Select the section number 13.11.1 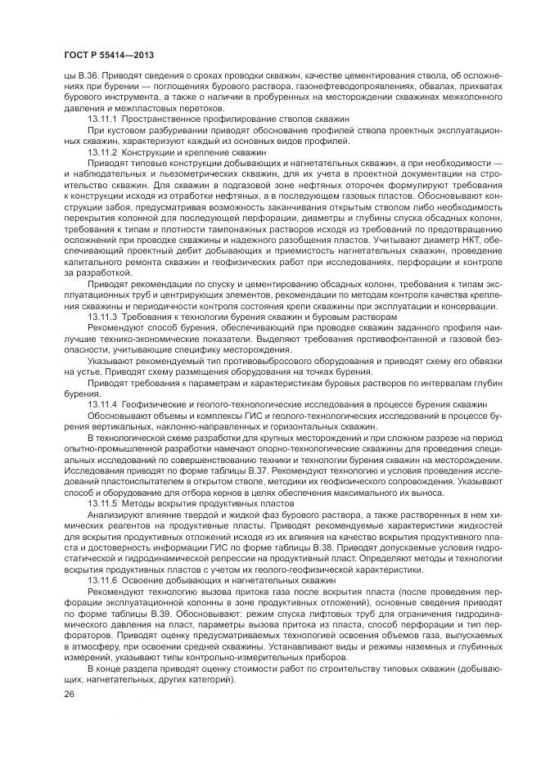(102, 119)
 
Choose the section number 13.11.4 (102, 404)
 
